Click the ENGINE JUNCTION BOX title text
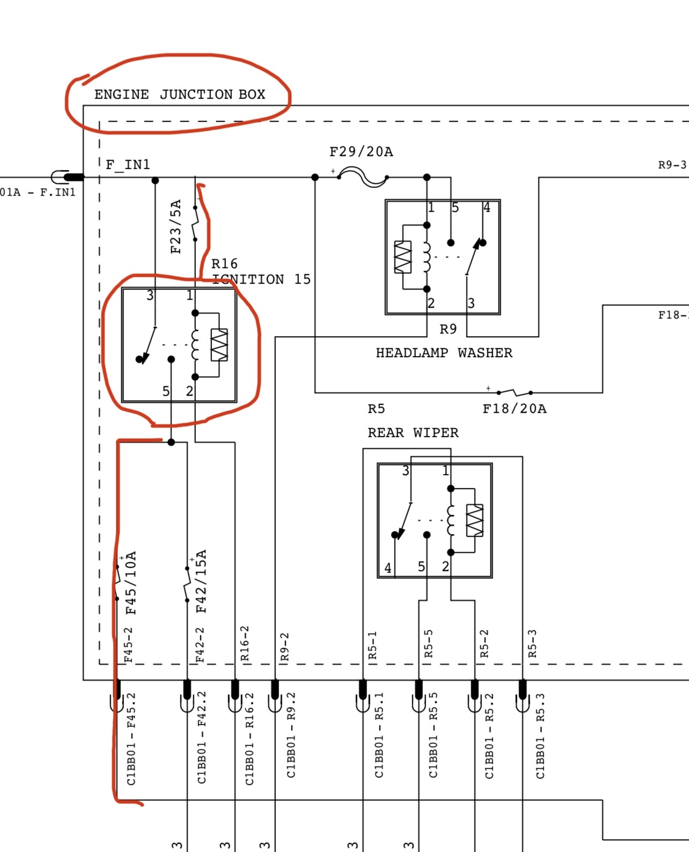(x=180, y=94)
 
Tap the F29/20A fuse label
(x=361, y=152)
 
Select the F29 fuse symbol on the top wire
(x=363, y=177)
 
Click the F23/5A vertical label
(x=176, y=226)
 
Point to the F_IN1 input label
(x=128, y=164)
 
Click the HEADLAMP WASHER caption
(x=444, y=353)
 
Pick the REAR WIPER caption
(x=413, y=433)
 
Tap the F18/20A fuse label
(x=514, y=409)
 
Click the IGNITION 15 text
(x=262, y=279)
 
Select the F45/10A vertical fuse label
(x=131, y=582)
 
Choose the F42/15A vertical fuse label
(x=201, y=581)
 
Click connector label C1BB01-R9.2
(x=291, y=735)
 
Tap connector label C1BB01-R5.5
(x=433, y=735)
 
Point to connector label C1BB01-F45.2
(x=131, y=739)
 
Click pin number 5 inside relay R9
(x=455, y=208)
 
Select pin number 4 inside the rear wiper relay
(x=387, y=568)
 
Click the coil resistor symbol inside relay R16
(x=219, y=345)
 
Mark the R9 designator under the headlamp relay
(x=448, y=329)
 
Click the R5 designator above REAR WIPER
(x=376, y=409)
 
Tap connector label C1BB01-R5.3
(x=540, y=736)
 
